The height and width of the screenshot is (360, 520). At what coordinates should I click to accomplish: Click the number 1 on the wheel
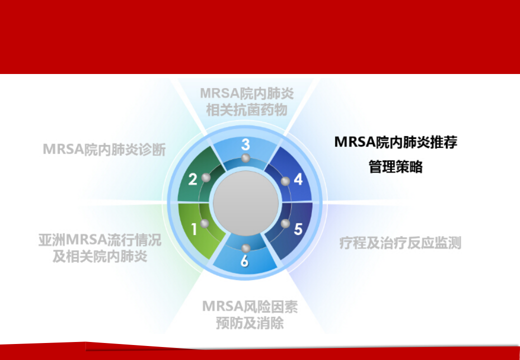[x=194, y=228]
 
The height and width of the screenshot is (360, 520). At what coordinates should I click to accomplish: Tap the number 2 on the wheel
[x=192, y=179]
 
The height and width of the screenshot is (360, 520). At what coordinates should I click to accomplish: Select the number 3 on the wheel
[x=245, y=144]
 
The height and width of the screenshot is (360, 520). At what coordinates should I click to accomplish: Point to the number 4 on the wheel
[x=298, y=179]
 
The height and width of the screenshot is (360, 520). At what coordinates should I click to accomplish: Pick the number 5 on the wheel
[x=298, y=229]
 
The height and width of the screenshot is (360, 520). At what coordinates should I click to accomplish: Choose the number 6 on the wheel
[x=244, y=261]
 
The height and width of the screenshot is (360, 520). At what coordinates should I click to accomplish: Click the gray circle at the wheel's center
[x=245, y=203]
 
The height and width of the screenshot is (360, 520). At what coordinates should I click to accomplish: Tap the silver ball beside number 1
[x=204, y=223]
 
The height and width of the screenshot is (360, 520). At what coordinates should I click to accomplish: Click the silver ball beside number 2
[x=206, y=177]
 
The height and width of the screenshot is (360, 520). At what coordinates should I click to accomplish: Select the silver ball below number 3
[x=245, y=158]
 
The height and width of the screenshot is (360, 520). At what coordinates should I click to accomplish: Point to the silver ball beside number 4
[x=285, y=181]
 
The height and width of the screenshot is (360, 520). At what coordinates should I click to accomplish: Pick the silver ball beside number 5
[x=285, y=223]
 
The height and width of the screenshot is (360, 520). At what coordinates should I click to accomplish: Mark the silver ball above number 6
[x=245, y=248]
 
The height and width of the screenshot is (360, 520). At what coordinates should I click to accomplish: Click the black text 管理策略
[x=395, y=167]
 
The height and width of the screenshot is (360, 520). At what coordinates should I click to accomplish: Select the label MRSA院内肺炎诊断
[x=104, y=149]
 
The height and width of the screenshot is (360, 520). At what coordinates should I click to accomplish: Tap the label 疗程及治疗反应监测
[x=400, y=243]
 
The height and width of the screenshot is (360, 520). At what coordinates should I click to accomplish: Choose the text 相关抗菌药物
[x=246, y=110]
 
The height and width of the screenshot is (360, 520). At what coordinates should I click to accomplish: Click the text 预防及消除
[x=249, y=323]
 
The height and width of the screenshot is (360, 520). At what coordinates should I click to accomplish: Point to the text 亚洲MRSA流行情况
[x=100, y=240]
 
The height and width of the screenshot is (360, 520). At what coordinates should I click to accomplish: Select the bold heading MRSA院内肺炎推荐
[x=395, y=142]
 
